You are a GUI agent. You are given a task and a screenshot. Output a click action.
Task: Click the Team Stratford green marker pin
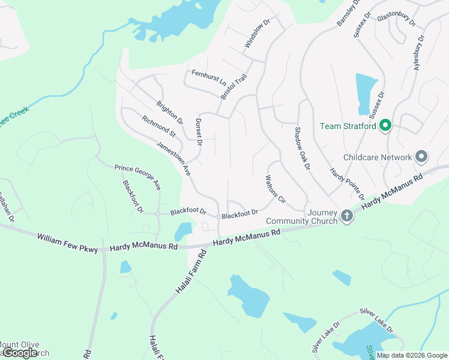click(386, 126)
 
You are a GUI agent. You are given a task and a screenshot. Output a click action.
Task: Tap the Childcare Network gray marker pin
click(421, 157)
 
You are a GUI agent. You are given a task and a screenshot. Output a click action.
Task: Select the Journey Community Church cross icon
click(346, 215)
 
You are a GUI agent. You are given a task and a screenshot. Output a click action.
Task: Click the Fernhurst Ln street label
click(209, 77)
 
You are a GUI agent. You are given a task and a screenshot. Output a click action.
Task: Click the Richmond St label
click(158, 126)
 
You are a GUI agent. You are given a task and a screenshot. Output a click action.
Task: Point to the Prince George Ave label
click(138, 177)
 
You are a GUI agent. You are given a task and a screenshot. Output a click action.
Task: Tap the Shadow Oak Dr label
click(301, 148)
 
